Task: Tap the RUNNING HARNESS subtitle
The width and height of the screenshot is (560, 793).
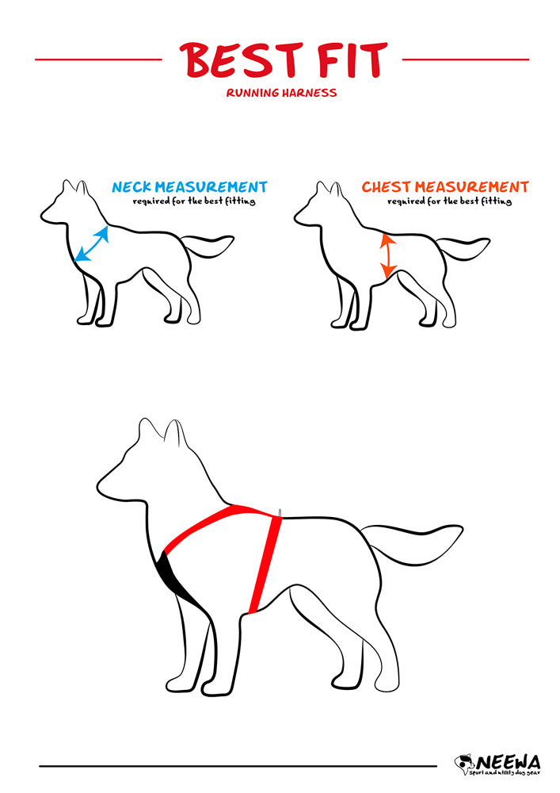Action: (x=281, y=93)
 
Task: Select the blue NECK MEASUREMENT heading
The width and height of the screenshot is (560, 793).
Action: (x=189, y=187)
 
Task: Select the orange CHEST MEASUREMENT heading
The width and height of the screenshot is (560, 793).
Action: (x=444, y=187)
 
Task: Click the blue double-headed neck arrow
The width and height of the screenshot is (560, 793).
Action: (x=92, y=243)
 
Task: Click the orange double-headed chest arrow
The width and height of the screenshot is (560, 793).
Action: (x=387, y=255)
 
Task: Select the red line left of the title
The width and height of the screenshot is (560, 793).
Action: (x=98, y=59)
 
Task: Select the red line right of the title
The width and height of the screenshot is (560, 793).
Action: (x=465, y=59)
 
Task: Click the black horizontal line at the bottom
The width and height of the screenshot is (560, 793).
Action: (x=238, y=766)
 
